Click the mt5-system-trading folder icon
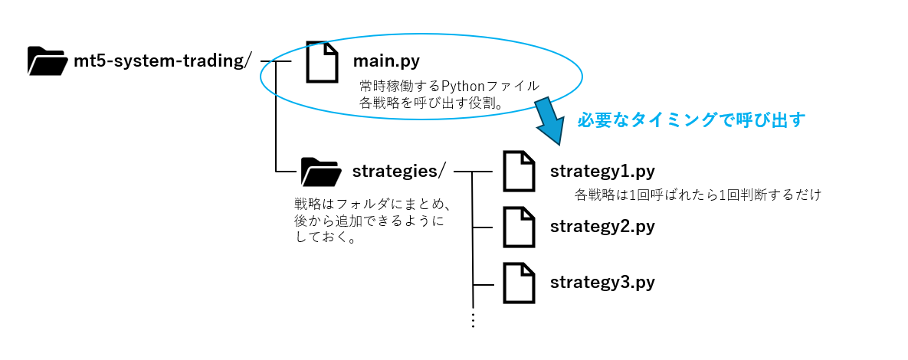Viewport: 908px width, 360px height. coord(47,61)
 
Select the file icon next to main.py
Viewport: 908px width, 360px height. coord(322,61)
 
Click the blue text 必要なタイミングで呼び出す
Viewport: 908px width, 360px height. coord(691,120)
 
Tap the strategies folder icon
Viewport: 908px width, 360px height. coord(320,172)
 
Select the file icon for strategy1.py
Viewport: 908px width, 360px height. coord(519,171)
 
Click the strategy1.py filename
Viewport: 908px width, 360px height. coord(602,171)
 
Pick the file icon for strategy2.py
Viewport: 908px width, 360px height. coord(519,227)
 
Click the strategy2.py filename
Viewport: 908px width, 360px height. coord(602,227)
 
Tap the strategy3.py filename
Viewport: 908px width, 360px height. coord(602,282)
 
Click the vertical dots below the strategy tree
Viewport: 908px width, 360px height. coord(473,320)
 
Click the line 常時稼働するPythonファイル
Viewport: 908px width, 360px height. coord(449,85)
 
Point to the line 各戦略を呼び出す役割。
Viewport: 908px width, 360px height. coord(431,103)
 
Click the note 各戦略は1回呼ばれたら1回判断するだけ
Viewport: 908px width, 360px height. coord(697,195)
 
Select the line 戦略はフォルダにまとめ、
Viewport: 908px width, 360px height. coord(370,205)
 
